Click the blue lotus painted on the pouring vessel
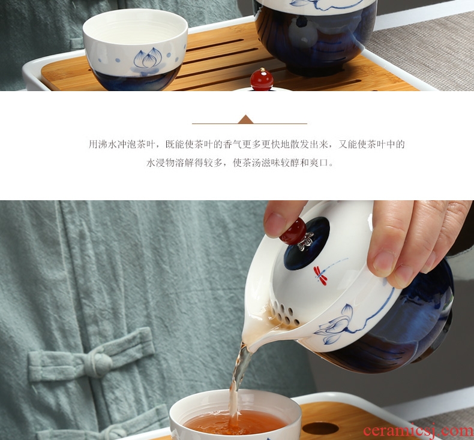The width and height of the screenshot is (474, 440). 335,325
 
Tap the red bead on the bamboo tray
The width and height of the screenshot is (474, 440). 262,79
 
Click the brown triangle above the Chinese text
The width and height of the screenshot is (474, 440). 245,119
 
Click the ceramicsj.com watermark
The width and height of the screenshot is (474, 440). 418,430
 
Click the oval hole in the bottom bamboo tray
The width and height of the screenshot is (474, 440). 320,428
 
